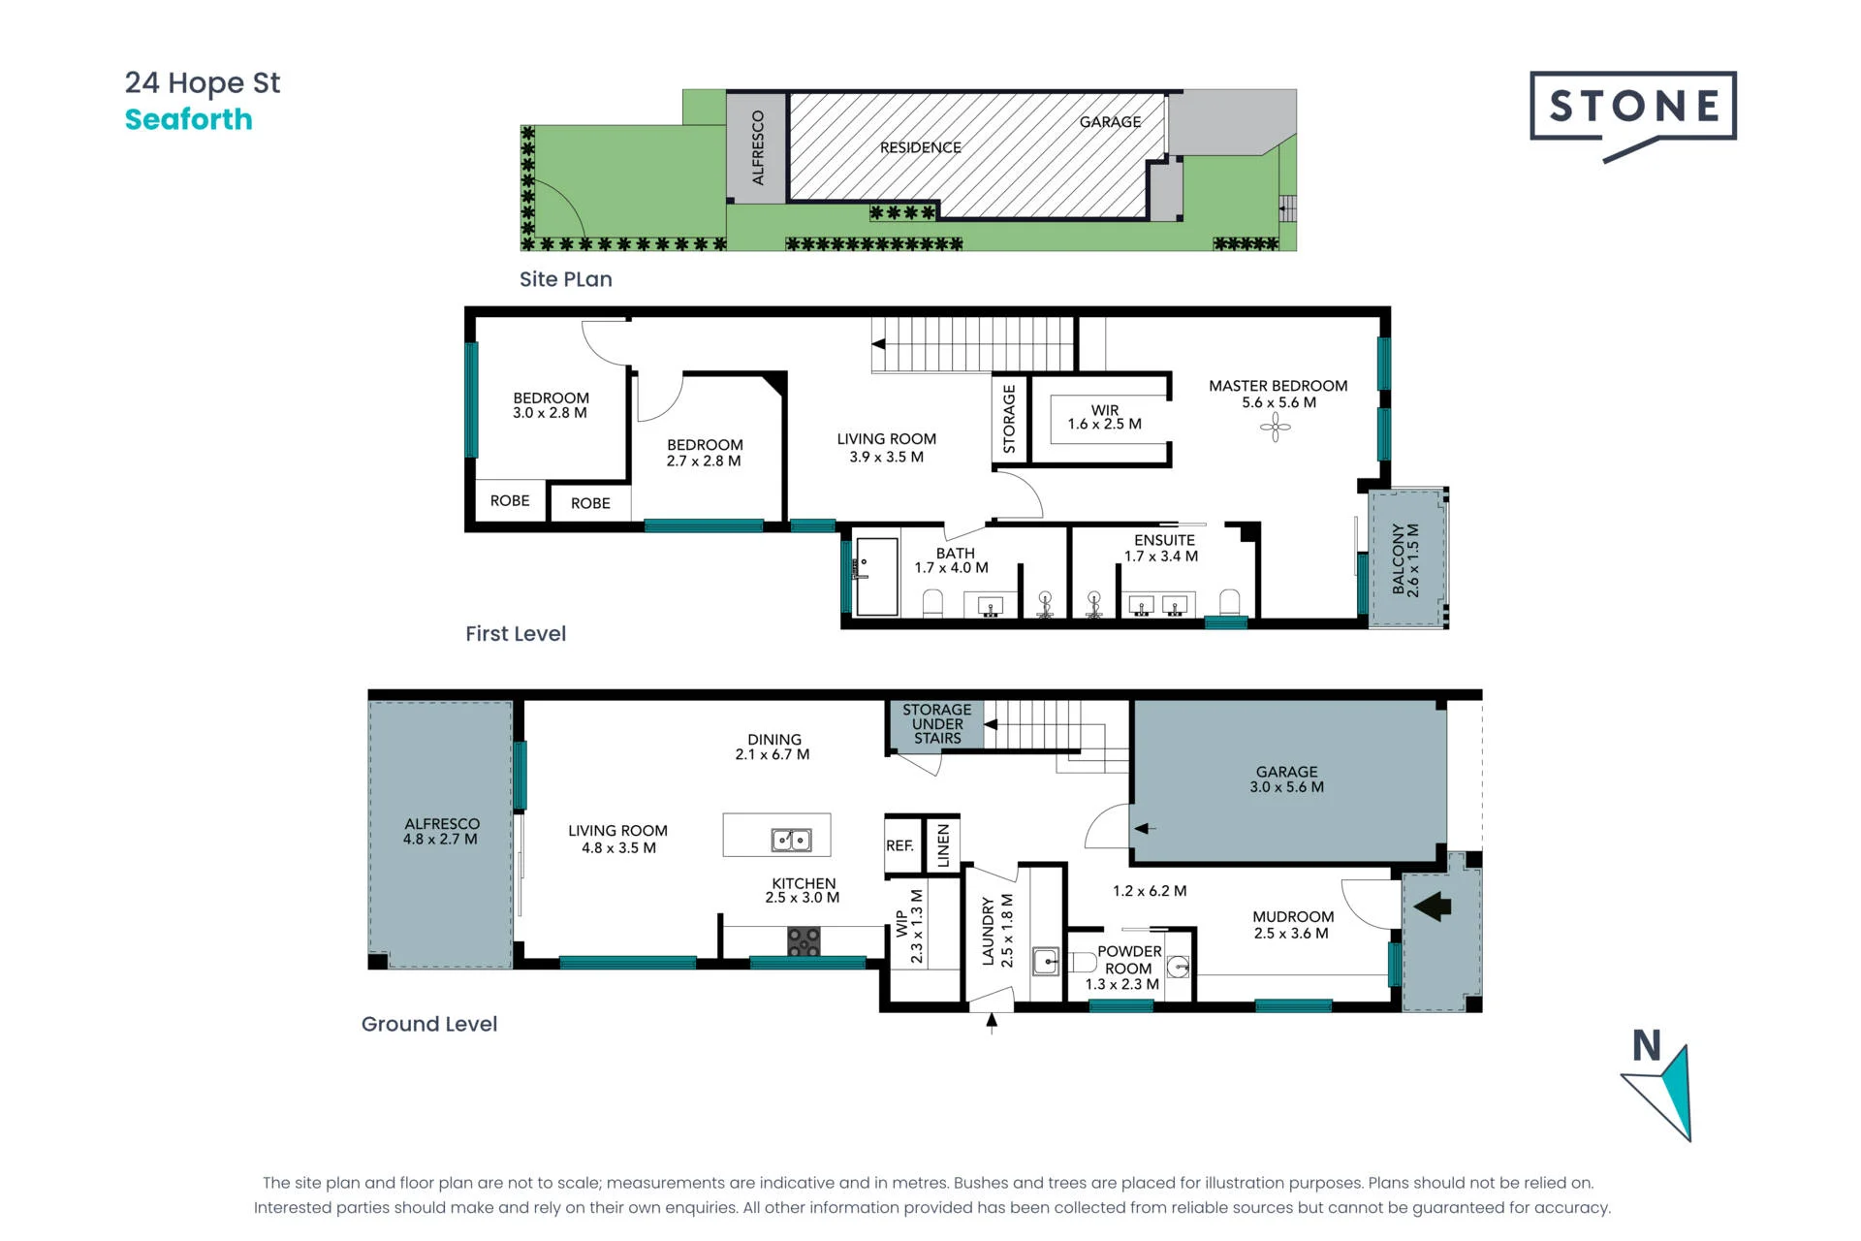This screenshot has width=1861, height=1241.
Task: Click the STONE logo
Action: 1633,114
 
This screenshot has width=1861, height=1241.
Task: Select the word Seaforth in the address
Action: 189,119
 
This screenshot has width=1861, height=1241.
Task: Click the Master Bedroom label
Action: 1277,386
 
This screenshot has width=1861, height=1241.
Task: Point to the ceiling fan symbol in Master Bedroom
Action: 1276,427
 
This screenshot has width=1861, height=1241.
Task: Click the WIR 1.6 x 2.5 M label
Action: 1104,417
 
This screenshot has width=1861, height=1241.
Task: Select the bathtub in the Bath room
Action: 877,577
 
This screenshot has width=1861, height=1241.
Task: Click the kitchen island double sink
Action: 791,840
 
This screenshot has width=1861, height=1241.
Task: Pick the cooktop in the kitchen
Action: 804,941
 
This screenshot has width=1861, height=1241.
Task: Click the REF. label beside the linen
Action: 899,845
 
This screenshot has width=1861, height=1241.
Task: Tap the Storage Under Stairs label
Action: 937,724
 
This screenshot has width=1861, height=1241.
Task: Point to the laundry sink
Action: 1046,961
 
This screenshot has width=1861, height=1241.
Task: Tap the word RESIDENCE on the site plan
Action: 921,147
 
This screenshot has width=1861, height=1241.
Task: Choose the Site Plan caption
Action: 566,279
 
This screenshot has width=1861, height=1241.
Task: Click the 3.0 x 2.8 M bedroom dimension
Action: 550,413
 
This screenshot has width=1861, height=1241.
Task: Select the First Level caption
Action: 516,634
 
